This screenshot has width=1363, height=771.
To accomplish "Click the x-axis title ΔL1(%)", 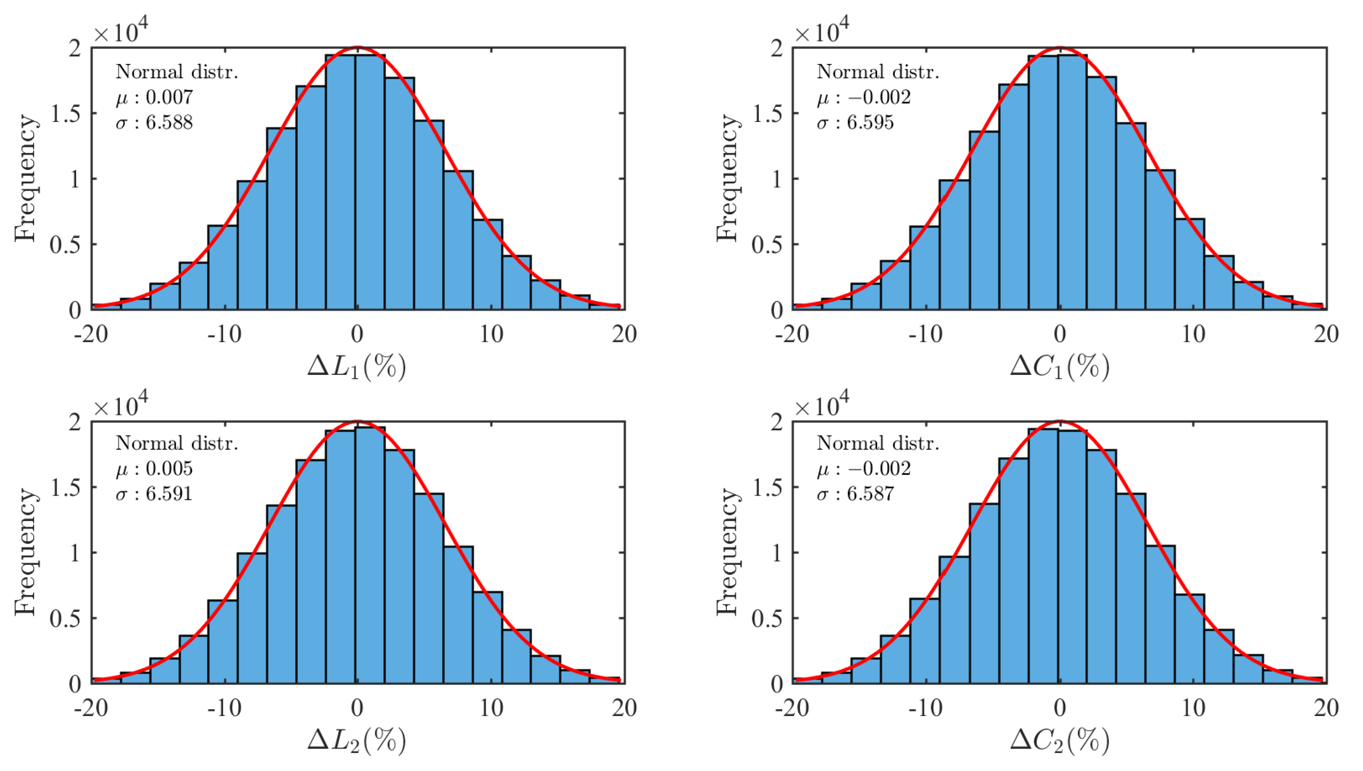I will click(x=357, y=366).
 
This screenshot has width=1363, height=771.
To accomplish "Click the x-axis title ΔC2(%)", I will click(x=1059, y=740).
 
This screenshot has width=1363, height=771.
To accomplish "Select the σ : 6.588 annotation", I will click(x=154, y=123).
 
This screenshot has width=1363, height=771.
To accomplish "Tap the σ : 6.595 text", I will click(x=855, y=123).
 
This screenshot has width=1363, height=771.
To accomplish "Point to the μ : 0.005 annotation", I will click(x=154, y=469).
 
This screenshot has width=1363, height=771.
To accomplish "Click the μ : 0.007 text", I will click(x=154, y=97).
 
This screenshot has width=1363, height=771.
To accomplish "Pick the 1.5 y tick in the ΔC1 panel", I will click(x=767, y=114).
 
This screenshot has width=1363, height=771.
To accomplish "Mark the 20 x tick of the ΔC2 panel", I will click(x=1326, y=708).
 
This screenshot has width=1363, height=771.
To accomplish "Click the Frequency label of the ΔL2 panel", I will click(x=25, y=552).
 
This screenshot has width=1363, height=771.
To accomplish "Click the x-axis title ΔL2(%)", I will click(x=357, y=740).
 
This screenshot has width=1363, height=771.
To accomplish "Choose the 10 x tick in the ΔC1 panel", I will click(x=1193, y=335).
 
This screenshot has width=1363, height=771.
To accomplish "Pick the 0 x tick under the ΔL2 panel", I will click(x=357, y=708).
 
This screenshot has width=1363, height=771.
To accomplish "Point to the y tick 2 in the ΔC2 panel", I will click(x=776, y=422).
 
